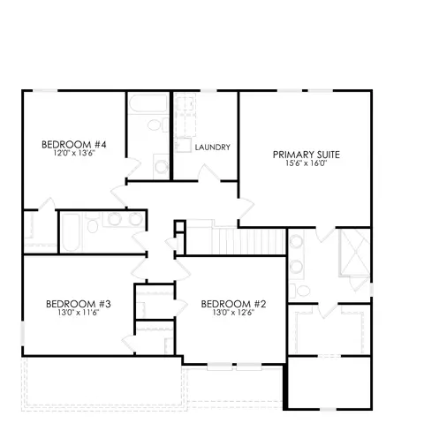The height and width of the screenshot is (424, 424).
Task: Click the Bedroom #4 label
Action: [x=73, y=145]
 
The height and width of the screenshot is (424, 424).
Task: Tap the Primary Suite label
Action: [x=307, y=155]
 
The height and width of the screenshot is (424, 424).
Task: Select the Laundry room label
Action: [x=213, y=148]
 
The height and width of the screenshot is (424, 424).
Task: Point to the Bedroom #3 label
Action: [x=79, y=304]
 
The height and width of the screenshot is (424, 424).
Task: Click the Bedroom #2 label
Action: [x=233, y=304]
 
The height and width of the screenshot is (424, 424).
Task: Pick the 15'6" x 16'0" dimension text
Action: [x=307, y=163]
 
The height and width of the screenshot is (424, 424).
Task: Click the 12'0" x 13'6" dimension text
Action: [x=74, y=153]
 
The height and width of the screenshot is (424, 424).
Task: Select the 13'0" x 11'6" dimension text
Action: [x=79, y=313]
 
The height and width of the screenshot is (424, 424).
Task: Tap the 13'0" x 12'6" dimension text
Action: [x=233, y=313]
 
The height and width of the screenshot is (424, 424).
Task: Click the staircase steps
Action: [x=236, y=241]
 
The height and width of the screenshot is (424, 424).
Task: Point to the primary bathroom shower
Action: [x=355, y=253]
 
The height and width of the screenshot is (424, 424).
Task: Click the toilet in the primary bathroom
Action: [x=299, y=291]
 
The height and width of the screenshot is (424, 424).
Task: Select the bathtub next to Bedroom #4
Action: [x=148, y=103]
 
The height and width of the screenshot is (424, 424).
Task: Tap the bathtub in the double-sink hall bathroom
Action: [x=71, y=232]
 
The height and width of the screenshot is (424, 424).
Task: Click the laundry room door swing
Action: [x=208, y=172]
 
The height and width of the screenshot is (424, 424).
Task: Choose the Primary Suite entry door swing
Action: [x=246, y=208]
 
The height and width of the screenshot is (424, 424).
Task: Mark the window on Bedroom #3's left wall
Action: [x=22, y=333]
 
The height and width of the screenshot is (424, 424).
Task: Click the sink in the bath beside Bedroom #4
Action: [x=161, y=167]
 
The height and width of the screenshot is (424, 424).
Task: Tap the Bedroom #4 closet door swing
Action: [x=47, y=204]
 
